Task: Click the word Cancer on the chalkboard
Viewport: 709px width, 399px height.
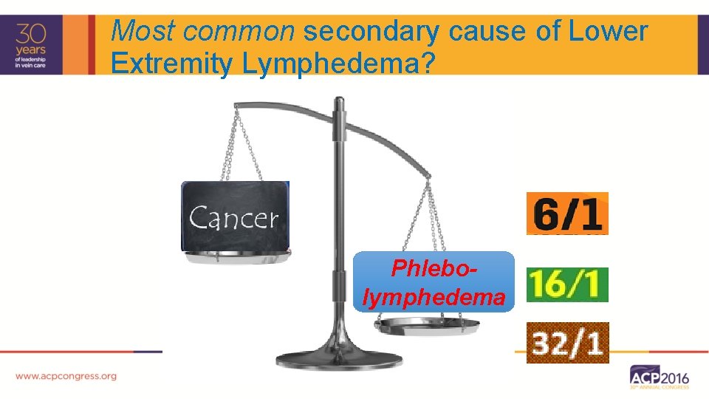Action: [x=234, y=218]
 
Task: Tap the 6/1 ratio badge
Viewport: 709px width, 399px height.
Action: [x=567, y=214]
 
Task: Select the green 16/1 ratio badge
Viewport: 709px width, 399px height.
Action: [x=567, y=284]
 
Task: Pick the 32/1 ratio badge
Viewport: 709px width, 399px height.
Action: [x=567, y=342]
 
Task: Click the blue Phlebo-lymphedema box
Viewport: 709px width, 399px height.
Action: [x=434, y=282]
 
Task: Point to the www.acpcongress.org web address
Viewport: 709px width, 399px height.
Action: [x=66, y=376]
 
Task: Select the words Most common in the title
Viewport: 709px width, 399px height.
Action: [x=203, y=32]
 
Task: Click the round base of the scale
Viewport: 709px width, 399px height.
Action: [x=339, y=360]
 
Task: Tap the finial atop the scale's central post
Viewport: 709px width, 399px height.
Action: [x=339, y=103]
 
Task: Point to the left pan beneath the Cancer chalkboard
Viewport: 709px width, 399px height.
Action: [x=236, y=257]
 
